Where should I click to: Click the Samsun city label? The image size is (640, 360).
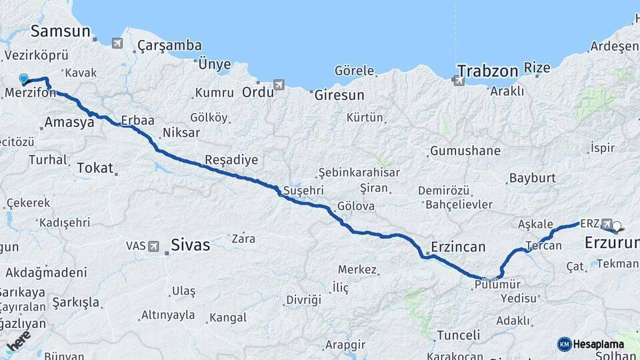coord(60,31)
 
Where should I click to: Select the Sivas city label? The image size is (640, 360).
coord(190,245)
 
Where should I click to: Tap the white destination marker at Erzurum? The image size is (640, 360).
coord(617,227)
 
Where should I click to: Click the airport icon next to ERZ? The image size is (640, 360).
coord(605,224)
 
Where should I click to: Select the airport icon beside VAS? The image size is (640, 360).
coord(155,246)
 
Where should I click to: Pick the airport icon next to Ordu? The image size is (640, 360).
coord(279,85)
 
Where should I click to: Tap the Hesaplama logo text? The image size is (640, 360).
coord(599,344)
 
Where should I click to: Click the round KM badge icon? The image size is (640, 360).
coord(564,344)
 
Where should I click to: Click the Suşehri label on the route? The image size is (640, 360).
coord(303,189)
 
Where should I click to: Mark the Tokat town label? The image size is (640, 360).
coord(95,168)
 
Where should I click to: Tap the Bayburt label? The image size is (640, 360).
coord(532,178)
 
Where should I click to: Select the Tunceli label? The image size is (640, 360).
coord(458,335)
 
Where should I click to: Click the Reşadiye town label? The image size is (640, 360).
coord(231,160)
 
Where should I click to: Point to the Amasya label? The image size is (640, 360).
coord(69,123)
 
